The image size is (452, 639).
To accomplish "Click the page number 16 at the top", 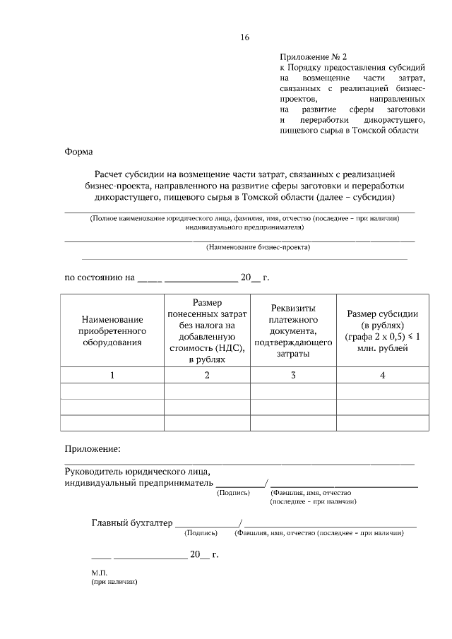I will point(244,37).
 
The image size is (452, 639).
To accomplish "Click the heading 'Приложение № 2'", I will point(314,56).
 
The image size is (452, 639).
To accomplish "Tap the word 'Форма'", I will point(78,151).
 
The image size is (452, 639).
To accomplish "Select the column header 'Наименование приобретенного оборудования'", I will point(112,330).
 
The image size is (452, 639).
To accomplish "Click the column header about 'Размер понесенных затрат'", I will point(206,330).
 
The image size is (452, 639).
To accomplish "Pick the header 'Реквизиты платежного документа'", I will point(292,330).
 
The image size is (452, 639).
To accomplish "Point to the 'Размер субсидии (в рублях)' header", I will point(382,330).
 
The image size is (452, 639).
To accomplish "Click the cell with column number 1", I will point(112,375).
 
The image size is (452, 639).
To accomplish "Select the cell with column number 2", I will point(206,375).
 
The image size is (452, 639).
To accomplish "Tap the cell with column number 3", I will point(292,375).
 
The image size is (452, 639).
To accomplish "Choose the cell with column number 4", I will point(382,375).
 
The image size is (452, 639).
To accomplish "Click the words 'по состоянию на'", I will point(99,278).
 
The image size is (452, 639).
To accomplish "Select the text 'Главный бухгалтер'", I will point(132,523).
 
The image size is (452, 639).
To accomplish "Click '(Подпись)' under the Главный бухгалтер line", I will point(203,534).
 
